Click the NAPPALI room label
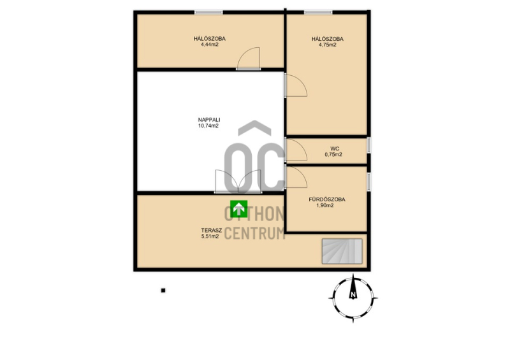[x=209, y=120]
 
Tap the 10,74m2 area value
[x=208, y=126]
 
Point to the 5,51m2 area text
[x=210, y=236]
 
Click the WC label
[x=334, y=148]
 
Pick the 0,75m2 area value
[x=333, y=154]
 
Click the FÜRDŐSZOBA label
[x=327, y=199]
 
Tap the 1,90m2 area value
[x=325, y=206]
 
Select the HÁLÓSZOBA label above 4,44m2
[x=210, y=38]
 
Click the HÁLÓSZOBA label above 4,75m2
[x=327, y=39]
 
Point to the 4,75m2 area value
[x=328, y=45]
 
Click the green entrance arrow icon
[x=238, y=209]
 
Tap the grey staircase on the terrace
[x=342, y=251]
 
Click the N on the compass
[x=353, y=295]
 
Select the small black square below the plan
[x=163, y=291]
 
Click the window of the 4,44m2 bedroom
[x=209, y=12]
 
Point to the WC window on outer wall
[x=369, y=145]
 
